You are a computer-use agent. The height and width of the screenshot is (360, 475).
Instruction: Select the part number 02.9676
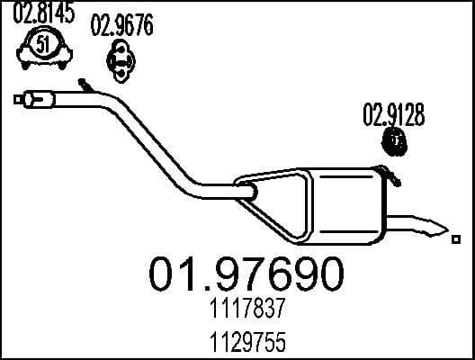click(x=121, y=26)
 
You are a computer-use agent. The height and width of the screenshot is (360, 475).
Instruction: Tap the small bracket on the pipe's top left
click(x=86, y=85)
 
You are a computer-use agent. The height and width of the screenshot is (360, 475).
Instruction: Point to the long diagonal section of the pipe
click(x=157, y=139)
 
